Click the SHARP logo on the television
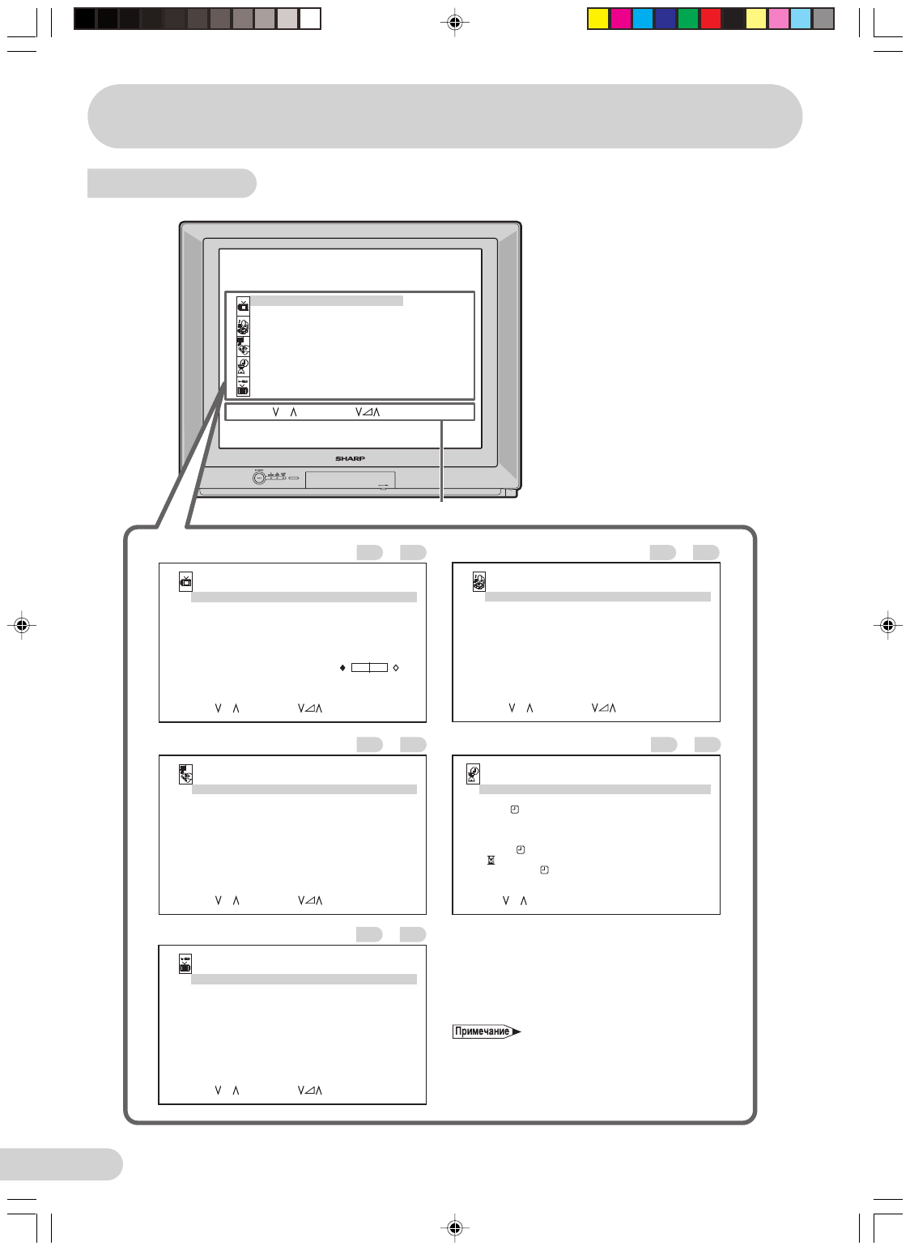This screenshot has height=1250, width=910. tap(350, 458)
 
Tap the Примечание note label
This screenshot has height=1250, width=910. tap(483, 1031)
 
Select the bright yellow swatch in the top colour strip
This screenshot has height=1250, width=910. tap(598, 19)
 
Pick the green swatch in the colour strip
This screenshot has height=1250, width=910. tap(688, 19)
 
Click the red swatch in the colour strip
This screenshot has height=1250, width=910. tap(711, 19)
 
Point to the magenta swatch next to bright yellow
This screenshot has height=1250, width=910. tap(621, 19)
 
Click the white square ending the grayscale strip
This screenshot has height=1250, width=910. tap(310, 19)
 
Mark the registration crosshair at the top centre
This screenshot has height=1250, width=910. tap(455, 23)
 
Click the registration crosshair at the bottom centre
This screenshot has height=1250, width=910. tap(455, 1227)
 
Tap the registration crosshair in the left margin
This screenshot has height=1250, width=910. tap(23, 625)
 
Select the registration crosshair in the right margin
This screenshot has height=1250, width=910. tap(888, 625)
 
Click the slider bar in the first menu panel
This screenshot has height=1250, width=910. tap(369, 668)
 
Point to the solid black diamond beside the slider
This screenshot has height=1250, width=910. tap(342, 668)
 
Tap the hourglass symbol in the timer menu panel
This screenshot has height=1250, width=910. tap(491, 860)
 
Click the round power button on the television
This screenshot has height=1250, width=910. tap(259, 478)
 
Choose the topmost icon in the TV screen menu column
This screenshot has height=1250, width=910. tap(243, 305)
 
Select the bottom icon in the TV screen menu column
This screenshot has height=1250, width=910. tap(243, 387)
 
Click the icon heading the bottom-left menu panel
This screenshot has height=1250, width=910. tap(185, 963)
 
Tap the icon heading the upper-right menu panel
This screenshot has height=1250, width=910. tap(479, 580)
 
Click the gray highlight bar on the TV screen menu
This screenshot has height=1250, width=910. tap(327, 301)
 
